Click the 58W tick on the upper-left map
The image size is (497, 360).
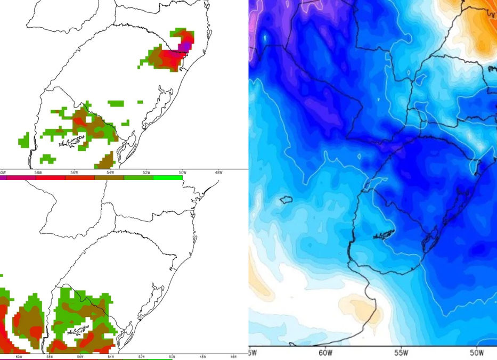38,173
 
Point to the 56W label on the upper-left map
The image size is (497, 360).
74,173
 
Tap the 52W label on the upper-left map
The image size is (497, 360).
146,173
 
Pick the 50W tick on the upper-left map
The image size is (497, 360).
183,173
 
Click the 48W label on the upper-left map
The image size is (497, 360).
219,173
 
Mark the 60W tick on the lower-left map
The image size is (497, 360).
19,357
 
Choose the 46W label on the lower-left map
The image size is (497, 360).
233,357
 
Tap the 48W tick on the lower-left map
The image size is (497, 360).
203,357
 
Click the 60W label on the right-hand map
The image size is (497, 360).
325,353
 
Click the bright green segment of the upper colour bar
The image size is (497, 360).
168,177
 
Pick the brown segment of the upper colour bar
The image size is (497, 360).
109,177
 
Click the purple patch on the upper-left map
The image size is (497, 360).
184,47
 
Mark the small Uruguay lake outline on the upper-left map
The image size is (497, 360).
72,141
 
